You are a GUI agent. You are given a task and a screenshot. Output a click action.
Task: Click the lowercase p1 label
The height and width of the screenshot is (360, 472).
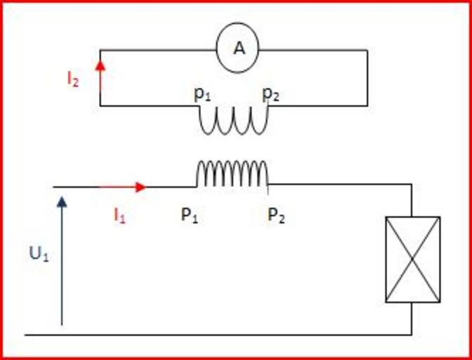pos(202,94)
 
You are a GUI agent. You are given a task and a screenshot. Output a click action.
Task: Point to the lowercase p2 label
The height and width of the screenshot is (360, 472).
pos(271,94)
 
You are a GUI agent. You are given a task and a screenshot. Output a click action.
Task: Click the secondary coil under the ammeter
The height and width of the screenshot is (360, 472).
pos(234,121)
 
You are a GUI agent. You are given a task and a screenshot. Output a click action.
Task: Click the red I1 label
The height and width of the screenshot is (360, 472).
pos(119,215)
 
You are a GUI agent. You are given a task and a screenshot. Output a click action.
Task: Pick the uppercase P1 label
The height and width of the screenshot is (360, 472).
pos(190,215)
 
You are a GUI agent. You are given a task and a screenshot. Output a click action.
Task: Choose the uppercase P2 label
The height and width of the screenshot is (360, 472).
pos(276,215)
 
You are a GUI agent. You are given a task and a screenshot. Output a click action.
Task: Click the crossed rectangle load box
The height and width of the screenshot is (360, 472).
pos(413,259)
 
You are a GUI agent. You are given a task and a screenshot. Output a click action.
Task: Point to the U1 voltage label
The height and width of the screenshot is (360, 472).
pos(38,255)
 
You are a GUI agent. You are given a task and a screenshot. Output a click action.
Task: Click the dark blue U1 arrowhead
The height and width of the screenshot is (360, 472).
pos(62,203)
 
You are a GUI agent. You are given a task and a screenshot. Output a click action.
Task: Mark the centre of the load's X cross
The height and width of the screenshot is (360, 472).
pos(413,259)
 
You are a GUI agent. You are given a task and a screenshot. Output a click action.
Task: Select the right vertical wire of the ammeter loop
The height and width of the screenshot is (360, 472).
pos(367,77)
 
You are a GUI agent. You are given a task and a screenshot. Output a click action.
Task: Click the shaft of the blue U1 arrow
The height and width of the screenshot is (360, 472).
pos(62,267)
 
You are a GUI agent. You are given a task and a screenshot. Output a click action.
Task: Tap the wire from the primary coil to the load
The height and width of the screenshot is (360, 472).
pos(337,185)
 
